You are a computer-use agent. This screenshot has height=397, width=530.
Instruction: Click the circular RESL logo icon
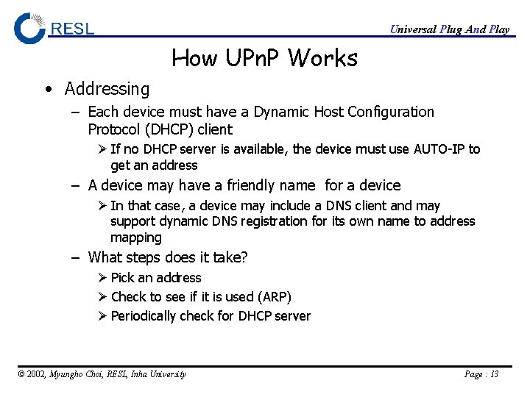(x=29, y=28)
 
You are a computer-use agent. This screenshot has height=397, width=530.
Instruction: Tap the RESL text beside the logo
(x=73, y=29)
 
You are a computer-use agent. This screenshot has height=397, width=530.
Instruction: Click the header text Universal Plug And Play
(x=449, y=29)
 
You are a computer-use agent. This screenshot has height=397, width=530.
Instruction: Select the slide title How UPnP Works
(x=264, y=57)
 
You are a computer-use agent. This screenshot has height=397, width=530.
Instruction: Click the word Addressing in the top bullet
(x=107, y=89)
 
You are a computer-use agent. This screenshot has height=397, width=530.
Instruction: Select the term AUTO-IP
(x=439, y=149)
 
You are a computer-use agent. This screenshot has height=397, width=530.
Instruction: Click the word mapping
(x=135, y=237)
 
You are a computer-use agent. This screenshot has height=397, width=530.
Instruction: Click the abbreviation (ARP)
(x=274, y=297)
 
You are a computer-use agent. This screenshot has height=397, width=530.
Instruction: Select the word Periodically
(x=143, y=316)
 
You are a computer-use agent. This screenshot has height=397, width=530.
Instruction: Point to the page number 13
(x=493, y=374)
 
